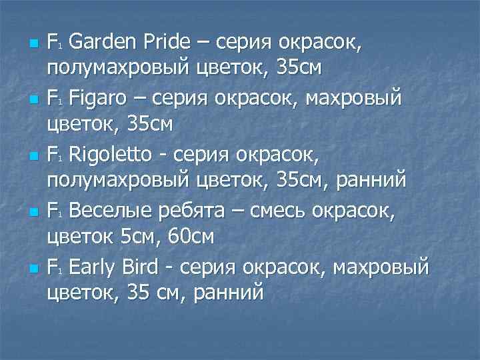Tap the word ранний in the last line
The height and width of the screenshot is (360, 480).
coord(228,293)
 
